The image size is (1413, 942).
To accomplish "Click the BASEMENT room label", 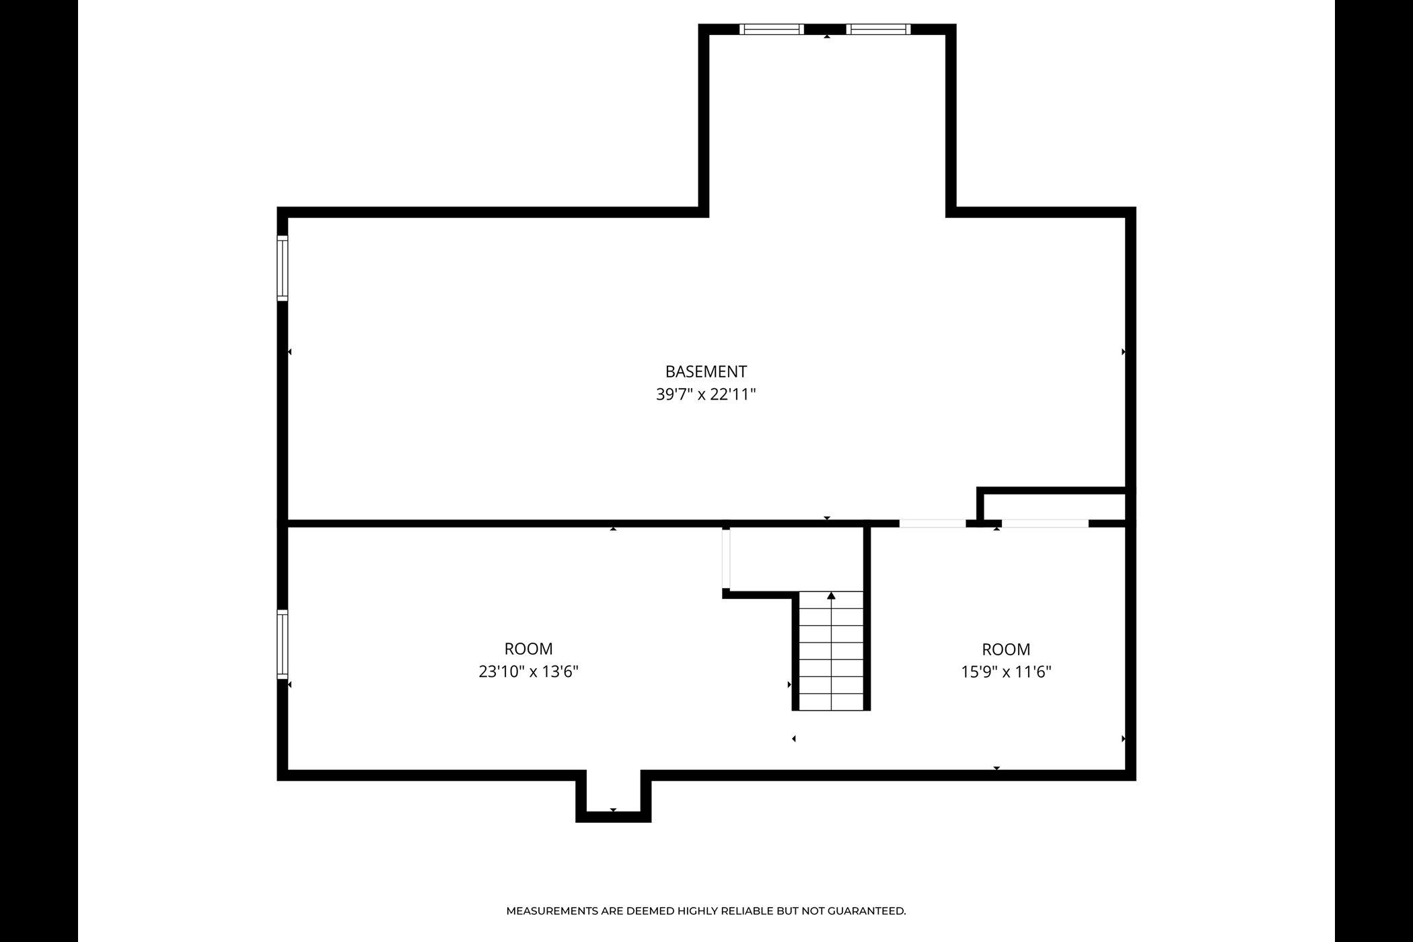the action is [x=706, y=371].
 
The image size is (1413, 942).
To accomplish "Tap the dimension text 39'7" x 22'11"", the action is [x=706, y=394].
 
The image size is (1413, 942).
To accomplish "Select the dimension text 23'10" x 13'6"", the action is [x=529, y=672].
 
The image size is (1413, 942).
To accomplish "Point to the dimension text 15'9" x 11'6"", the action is [x=1006, y=672].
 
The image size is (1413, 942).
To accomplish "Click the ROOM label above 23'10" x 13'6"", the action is [x=529, y=649].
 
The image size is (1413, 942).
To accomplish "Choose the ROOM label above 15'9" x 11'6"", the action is [x=1006, y=649].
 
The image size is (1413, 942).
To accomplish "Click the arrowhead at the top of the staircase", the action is [x=831, y=595].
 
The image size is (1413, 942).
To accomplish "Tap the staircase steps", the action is [x=831, y=651].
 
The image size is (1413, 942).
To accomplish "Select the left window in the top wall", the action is [x=772, y=29].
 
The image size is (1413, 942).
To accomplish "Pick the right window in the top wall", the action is [x=879, y=29].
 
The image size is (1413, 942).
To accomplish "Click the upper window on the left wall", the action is [x=283, y=268].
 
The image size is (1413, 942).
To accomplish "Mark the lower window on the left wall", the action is [x=283, y=644].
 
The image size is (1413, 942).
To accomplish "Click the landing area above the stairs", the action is [x=796, y=558].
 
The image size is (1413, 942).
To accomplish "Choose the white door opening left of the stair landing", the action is [x=726, y=558].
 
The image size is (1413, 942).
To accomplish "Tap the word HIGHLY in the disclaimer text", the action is [x=697, y=911].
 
